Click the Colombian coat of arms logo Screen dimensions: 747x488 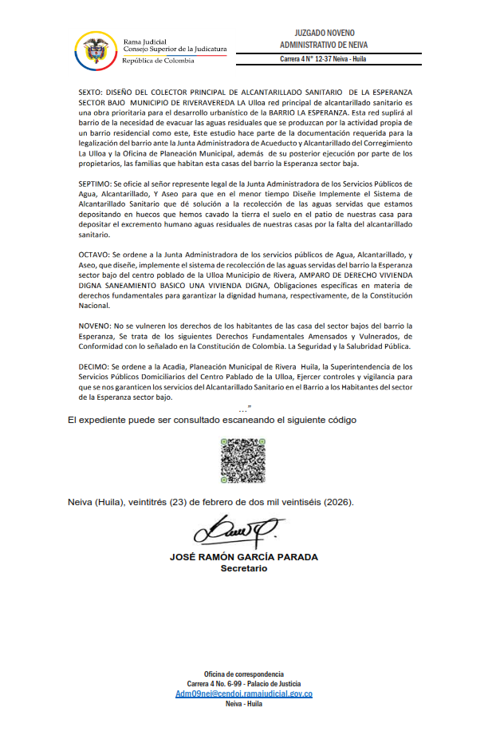click(x=93, y=49)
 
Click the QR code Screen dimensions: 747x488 click(x=242, y=458)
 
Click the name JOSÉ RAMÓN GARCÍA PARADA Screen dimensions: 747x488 click(x=244, y=556)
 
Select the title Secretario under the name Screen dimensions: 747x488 click(x=244, y=568)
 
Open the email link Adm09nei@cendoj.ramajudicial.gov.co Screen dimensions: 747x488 click(x=244, y=694)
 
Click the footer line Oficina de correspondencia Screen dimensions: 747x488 click(x=244, y=674)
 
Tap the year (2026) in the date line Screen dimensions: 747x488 click(x=336, y=503)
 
